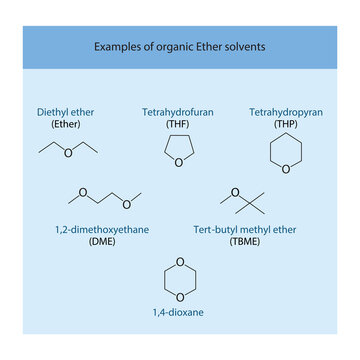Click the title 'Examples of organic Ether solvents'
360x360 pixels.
pos(180,46)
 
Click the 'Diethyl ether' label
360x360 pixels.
pos(65,111)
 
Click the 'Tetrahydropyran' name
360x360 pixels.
pos(284,111)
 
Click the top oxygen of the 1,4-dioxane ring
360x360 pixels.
pos(180,263)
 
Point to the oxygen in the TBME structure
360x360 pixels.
pos(235,193)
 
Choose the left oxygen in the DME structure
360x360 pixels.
pos(84,193)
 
